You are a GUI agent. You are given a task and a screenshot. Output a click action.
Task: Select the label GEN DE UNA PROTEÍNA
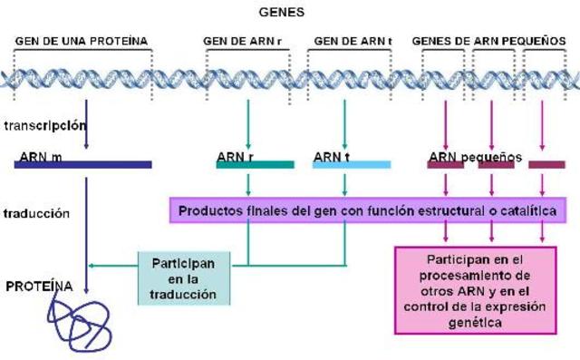(82, 41)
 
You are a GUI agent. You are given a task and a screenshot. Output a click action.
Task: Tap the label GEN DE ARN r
(243, 41)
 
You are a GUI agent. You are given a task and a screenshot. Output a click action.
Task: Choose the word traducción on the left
(38, 214)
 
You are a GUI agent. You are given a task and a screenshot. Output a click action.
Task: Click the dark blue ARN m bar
(83, 165)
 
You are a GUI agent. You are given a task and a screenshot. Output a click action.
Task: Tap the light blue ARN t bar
(352, 165)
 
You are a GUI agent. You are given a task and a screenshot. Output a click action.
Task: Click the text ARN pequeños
(475, 156)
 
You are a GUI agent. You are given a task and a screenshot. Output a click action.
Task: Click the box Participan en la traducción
(179, 277)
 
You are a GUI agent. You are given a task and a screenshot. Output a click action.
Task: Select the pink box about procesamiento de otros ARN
(476, 290)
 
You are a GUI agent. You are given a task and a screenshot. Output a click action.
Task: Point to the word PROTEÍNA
(39, 286)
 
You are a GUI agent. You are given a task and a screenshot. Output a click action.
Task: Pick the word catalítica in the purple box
(524, 210)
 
